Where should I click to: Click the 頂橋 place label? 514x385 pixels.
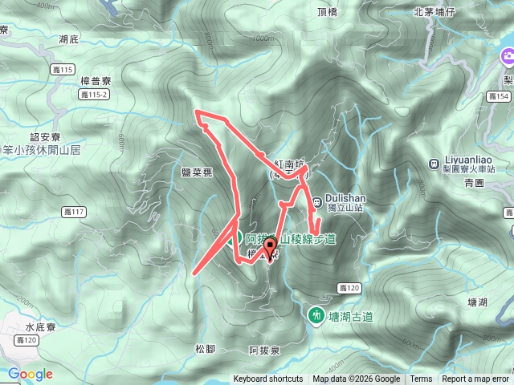click(328, 12)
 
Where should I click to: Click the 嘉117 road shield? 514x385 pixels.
click(73, 213)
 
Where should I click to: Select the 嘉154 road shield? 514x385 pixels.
click(498, 96)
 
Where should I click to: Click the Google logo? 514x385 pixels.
click(31, 374)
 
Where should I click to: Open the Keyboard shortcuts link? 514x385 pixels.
click(268, 379)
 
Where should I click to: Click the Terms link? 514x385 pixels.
click(420, 379)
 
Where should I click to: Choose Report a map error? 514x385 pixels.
click(475, 379)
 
